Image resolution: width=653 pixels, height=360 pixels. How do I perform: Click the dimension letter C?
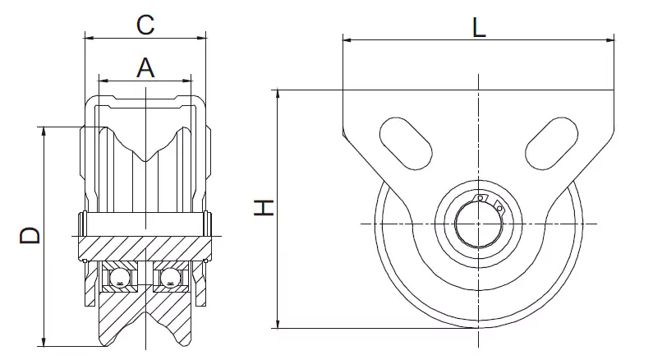[145, 25]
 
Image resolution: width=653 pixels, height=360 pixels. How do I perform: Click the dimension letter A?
[145, 67]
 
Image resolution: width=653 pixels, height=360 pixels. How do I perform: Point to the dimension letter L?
[479, 28]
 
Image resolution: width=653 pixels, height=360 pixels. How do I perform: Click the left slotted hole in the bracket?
[405, 143]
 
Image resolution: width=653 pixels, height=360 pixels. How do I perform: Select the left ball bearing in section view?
[120, 278]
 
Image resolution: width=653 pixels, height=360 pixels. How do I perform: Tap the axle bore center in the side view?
[479, 224]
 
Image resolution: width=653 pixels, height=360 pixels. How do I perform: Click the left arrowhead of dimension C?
[88, 37]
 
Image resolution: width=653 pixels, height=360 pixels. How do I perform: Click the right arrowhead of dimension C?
[203, 37]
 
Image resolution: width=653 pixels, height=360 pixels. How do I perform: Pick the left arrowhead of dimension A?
[101, 80]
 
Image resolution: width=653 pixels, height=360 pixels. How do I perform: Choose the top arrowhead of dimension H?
[279, 92]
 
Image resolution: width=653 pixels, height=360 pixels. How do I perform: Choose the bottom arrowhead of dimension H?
[279, 325]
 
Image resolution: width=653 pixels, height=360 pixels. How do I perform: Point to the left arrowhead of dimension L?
[346, 39]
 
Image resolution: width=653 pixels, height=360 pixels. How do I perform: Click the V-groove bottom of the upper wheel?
[145, 159]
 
